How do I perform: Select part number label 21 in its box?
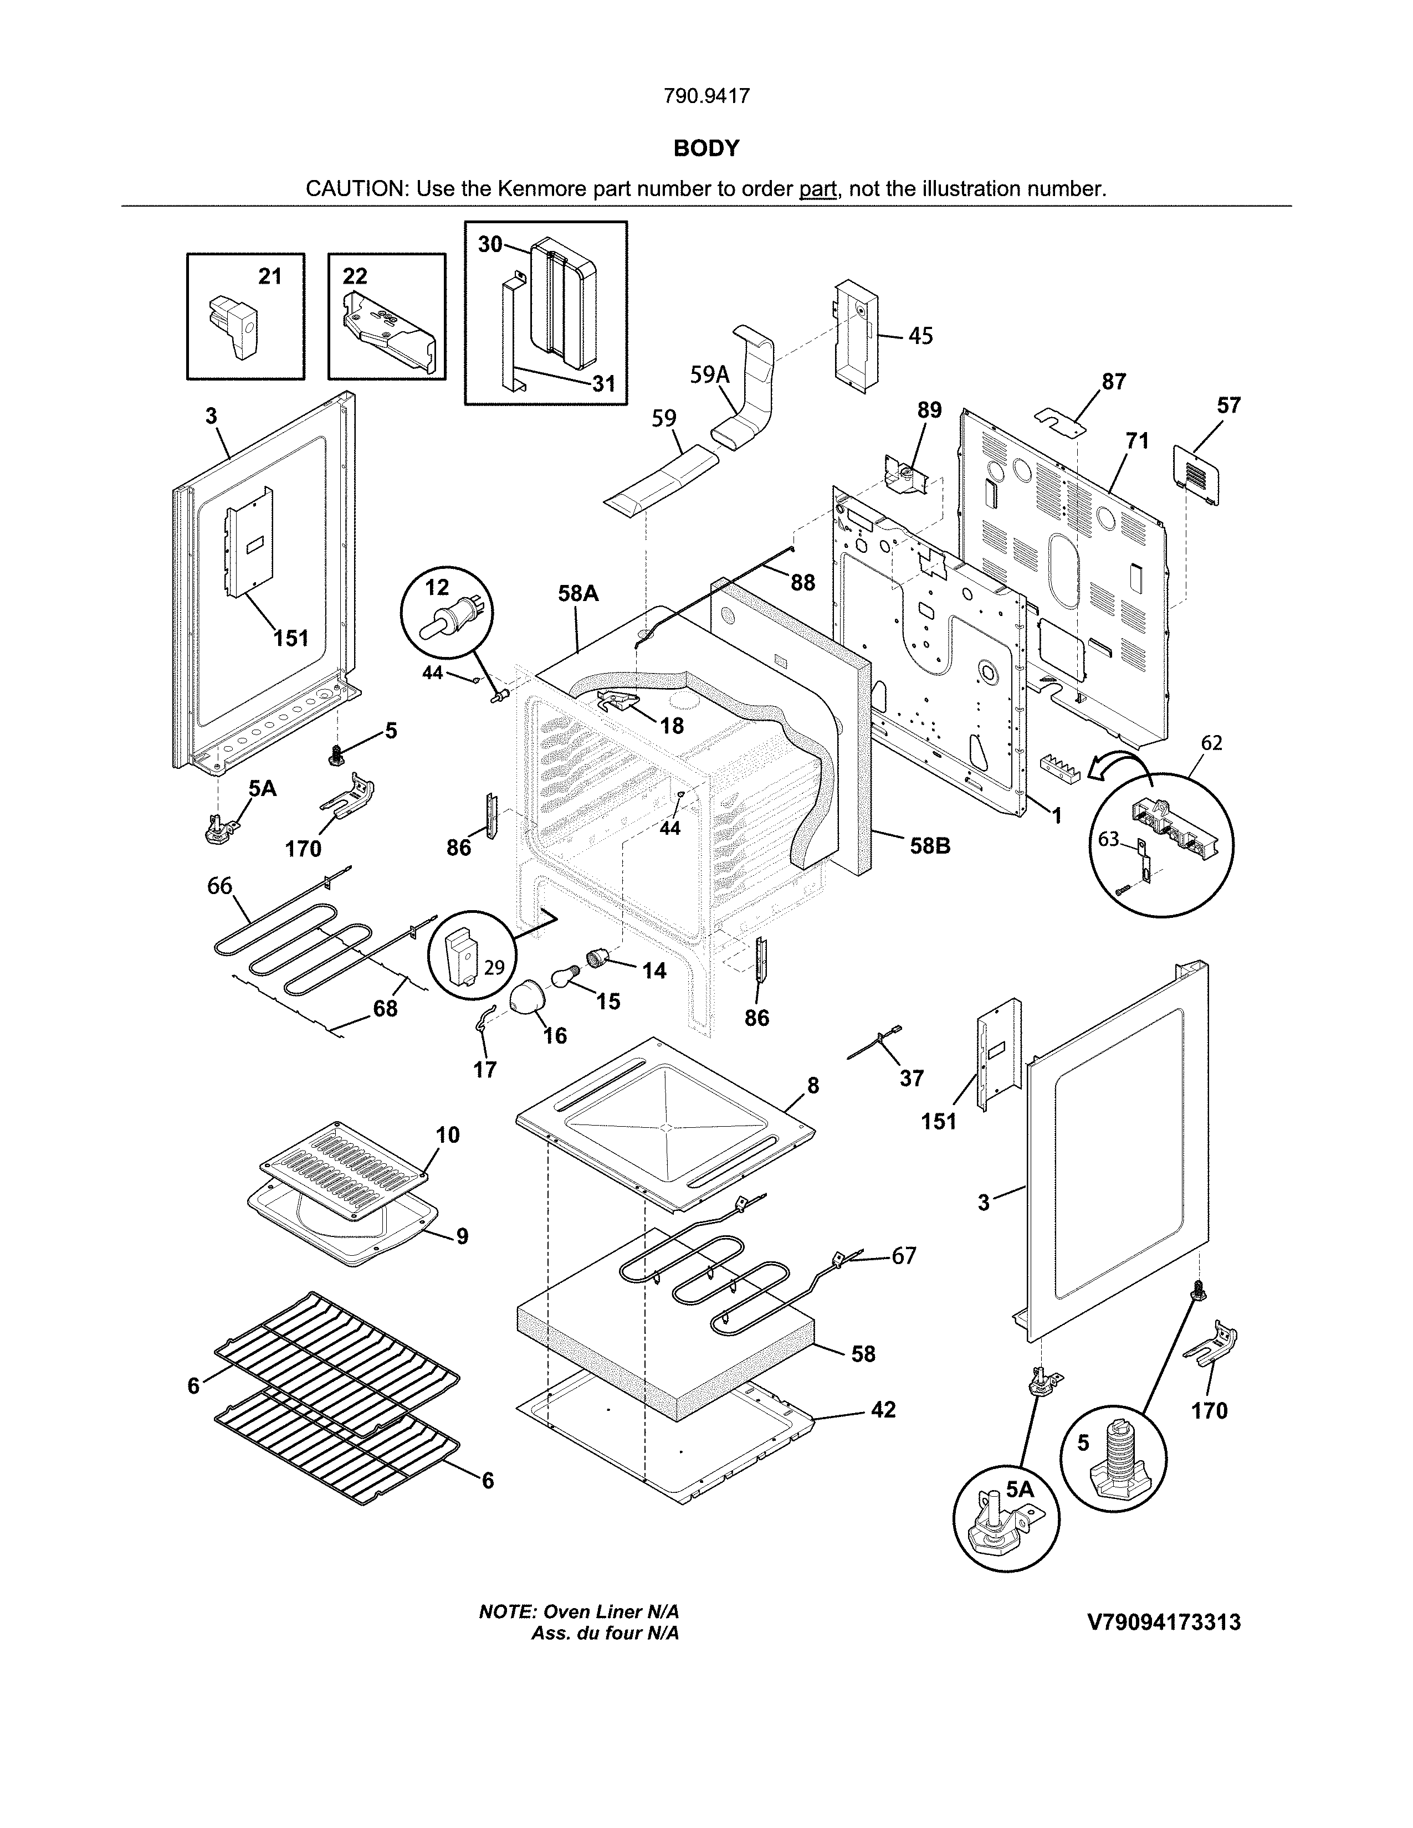269,276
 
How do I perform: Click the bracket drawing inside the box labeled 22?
388,331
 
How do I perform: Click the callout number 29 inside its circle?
494,968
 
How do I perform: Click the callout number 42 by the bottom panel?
883,1410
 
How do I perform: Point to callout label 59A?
709,375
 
